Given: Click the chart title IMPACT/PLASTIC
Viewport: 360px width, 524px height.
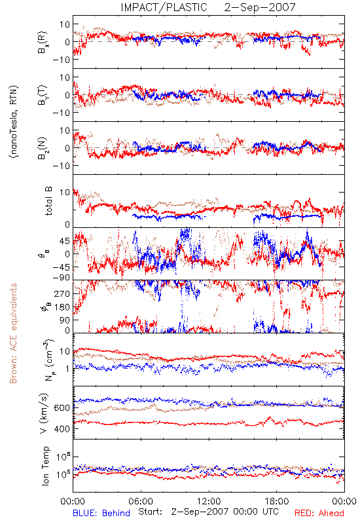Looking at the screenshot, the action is point(164,7).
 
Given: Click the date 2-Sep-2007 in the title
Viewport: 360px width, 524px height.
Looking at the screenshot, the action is point(259,7).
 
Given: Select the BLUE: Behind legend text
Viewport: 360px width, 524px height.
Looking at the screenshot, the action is point(101,513).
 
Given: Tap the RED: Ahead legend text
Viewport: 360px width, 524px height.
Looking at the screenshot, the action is point(319,513).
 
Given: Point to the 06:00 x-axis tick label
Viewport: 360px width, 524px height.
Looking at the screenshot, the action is point(141,501).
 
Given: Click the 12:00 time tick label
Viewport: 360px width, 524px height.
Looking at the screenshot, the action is point(209,501).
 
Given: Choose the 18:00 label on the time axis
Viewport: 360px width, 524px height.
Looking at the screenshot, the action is point(276,501).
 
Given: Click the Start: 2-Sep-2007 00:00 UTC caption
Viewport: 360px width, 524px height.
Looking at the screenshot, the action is point(208,512).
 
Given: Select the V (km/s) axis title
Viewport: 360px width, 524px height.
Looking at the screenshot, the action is point(44,413).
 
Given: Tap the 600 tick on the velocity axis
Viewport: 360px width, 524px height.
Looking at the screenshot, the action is point(62,407).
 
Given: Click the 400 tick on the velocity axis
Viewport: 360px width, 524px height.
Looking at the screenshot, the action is point(62,429).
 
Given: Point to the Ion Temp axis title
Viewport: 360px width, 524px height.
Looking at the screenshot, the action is point(45,466).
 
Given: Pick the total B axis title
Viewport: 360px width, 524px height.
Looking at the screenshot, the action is point(48,201).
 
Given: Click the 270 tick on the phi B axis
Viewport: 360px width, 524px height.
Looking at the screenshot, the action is point(62,293).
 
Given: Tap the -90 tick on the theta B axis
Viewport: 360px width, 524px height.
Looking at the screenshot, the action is point(62,278).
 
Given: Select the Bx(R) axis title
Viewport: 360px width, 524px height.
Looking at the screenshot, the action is point(43,43).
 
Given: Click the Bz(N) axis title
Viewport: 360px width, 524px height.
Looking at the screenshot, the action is point(43,149).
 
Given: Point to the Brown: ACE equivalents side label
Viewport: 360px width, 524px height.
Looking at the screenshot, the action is point(13,333).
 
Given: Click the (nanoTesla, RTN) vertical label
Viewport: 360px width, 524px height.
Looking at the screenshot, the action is point(14,122).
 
